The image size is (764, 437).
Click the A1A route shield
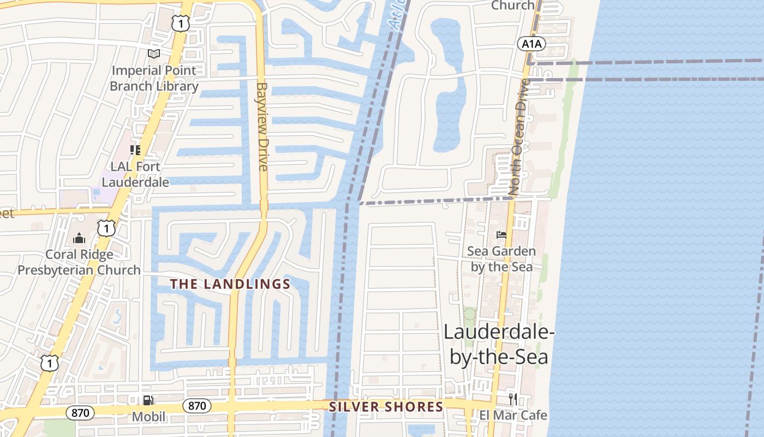(530, 44)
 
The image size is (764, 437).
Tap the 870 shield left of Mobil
(80, 413)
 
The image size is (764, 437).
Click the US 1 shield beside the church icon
(106, 228)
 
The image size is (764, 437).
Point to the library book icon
(154, 54)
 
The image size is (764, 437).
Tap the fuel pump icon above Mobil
(147, 400)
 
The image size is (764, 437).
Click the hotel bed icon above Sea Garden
(501, 235)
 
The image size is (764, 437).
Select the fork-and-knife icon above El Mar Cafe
(513, 399)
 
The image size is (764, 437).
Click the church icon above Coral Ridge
(79, 238)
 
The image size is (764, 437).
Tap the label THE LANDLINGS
(230, 284)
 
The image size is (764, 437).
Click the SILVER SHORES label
(386, 407)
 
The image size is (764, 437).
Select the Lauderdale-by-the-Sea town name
(499, 344)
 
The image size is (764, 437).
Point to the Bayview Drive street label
(263, 126)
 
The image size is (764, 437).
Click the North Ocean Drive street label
(518, 137)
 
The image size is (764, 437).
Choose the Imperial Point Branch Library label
(154, 78)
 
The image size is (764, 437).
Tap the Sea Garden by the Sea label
(502, 259)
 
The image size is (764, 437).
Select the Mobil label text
(148, 417)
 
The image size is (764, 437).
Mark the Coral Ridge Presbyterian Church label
(79, 262)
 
